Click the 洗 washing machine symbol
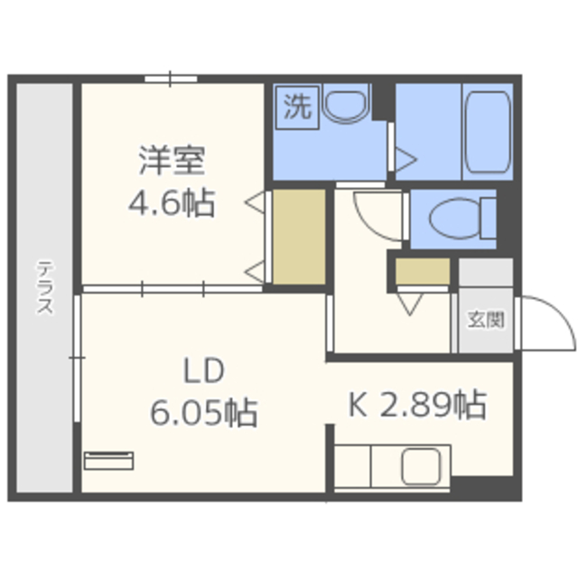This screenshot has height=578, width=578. (297, 107)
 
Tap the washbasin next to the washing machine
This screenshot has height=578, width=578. (345, 102)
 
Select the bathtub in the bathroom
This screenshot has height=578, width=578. (488, 132)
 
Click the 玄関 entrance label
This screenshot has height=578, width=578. (486, 320)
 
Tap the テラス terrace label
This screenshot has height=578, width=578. (45, 287)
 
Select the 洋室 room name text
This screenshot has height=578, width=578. (172, 161)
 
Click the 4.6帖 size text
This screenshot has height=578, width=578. (172, 202)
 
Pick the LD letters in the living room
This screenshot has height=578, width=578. (204, 370)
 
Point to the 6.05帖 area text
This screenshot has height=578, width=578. (204, 412)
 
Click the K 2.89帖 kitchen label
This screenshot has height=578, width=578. (417, 405)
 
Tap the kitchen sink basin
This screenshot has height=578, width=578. (421, 467)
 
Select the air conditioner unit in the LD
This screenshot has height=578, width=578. (108, 461)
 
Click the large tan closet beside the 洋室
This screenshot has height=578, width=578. (299, 237)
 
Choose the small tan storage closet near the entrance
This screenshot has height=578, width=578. (423, 271)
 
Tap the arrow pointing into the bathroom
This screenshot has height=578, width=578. (406, 160)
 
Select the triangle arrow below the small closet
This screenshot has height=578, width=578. (410, 304)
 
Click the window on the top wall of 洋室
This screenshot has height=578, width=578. (171, 79)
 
